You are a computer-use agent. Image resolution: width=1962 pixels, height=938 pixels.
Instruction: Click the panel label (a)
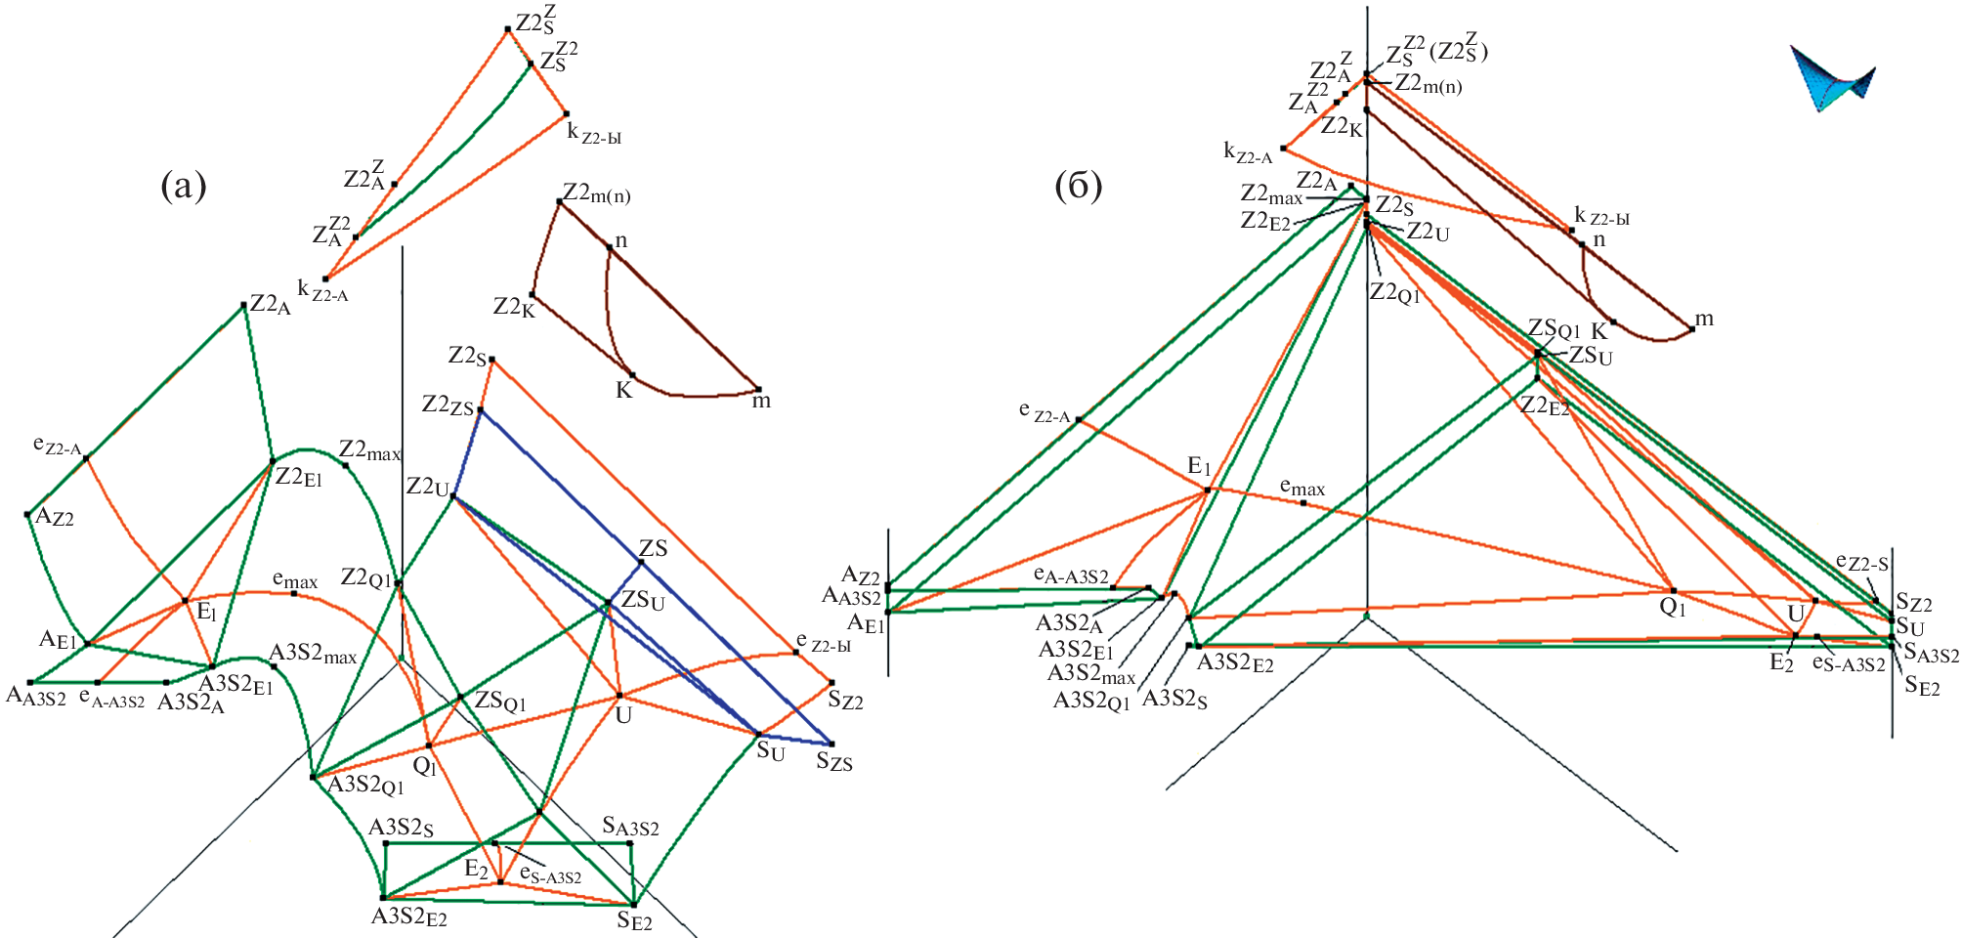183,185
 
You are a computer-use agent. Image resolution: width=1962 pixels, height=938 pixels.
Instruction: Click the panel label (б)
1079,185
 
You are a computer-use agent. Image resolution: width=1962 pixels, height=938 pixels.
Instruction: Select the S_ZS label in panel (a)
834,761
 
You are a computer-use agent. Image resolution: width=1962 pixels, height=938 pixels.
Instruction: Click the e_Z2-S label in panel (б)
1861,563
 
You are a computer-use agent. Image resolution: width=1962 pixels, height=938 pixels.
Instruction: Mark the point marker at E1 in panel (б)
1208,490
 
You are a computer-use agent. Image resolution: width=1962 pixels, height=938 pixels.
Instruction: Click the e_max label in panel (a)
294,581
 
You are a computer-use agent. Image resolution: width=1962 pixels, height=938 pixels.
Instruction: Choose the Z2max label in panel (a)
369,450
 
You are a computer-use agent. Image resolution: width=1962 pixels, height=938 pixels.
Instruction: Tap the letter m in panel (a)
761,401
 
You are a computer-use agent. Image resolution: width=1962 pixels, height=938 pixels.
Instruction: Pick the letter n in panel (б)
1599,239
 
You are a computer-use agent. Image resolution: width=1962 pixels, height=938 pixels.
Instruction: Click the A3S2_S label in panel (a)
401,829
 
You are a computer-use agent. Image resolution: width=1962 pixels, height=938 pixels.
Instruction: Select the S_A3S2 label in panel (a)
630,828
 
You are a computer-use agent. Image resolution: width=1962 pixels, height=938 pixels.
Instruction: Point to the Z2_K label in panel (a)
514,307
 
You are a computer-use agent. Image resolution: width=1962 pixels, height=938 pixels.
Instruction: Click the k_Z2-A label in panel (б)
1248,151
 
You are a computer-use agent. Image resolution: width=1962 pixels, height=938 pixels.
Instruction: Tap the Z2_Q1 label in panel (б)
1394,292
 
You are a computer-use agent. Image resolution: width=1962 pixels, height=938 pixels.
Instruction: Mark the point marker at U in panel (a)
619,696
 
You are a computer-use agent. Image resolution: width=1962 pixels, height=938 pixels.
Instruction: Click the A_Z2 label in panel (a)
55,517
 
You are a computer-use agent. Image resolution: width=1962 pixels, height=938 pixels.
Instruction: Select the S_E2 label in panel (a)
634,920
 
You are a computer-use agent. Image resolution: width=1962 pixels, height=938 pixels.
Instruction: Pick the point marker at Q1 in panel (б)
1673,590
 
